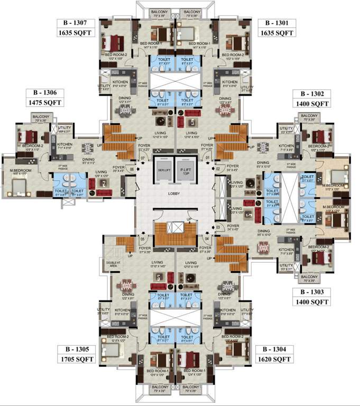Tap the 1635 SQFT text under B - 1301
[x=276, y=33]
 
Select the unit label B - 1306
[x=44, y=92]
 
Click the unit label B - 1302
[x=312, y=94]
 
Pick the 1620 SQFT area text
[x=274, y=359]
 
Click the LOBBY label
[x=175, y=193]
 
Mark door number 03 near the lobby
[x=217, y=227]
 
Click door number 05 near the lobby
[x=142, y=238]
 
